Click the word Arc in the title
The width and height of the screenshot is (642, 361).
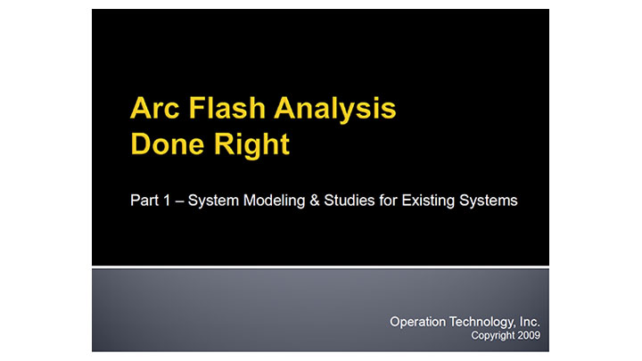coord(153,110)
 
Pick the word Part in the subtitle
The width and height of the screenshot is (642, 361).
coord(145,201)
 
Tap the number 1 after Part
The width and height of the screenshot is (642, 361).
coord(171,201)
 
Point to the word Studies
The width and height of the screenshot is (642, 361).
coord(350,201)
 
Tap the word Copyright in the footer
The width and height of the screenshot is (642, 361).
coord(492,337)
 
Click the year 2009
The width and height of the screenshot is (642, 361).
coord(528,337)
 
